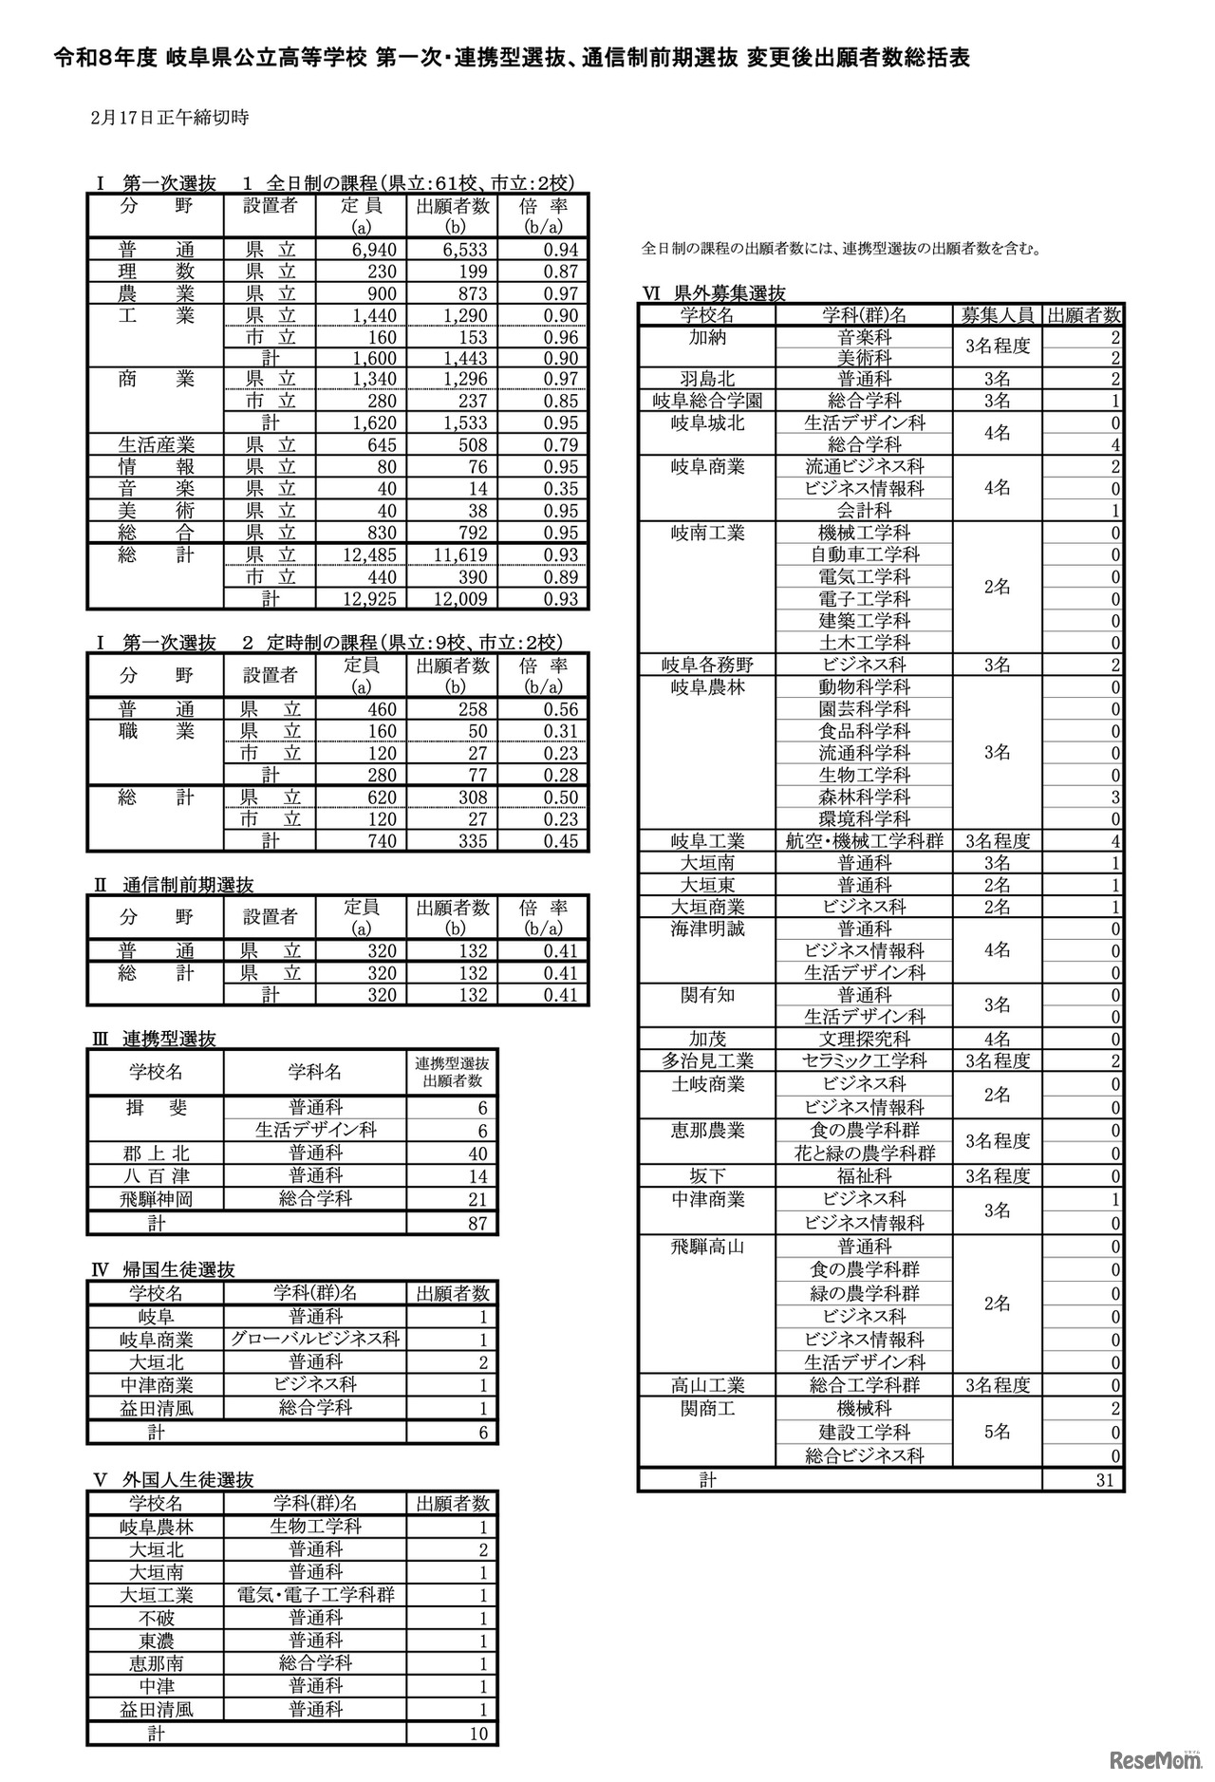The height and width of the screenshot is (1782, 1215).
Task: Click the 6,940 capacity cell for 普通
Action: (374, 250)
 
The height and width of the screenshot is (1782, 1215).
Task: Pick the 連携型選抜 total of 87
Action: (477, 1224)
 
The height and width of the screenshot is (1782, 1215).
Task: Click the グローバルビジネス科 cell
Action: (315, 1340)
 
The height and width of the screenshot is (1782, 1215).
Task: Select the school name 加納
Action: (707, 337)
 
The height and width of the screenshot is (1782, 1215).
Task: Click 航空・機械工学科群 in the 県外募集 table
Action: (864, 840)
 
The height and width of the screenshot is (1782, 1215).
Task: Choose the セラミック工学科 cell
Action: (864, 1060)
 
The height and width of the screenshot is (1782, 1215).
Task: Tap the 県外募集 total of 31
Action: (1104, 1479)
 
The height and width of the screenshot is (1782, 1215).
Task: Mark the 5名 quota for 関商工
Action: (997, 1432)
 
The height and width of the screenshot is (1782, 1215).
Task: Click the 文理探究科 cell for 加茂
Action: (864, 1039)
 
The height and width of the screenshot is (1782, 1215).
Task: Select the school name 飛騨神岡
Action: (156, 1199)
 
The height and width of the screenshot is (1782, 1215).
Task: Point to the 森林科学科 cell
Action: (864, 797)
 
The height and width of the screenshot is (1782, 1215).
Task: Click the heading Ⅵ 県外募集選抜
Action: (714, 293)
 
